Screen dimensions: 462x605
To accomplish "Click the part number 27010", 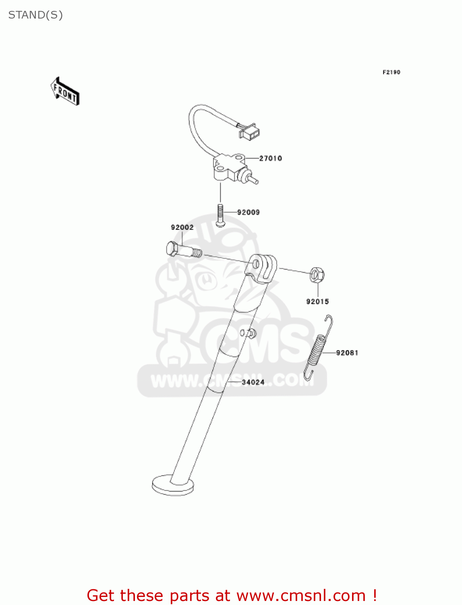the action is click(270, 159).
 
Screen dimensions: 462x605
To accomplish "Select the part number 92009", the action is click(248, 213).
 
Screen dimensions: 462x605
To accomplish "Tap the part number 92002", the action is click(182, 227).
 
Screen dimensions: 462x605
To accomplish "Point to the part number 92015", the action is click(317, 302).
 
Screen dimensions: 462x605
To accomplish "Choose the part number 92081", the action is click(347, 353).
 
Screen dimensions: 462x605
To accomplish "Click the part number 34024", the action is click(253, 382).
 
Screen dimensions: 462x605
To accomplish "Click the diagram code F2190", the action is click(391, 72).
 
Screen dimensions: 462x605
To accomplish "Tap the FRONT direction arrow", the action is click(65, 92).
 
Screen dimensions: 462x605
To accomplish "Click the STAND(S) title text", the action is click(35, 15).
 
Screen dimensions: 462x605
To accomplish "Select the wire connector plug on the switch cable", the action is click(250, 131).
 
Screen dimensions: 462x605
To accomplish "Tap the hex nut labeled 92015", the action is click(317, 275).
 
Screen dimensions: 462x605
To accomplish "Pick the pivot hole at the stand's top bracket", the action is click(256, 265).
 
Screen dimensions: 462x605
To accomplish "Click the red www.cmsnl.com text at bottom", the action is click(301, 596).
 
